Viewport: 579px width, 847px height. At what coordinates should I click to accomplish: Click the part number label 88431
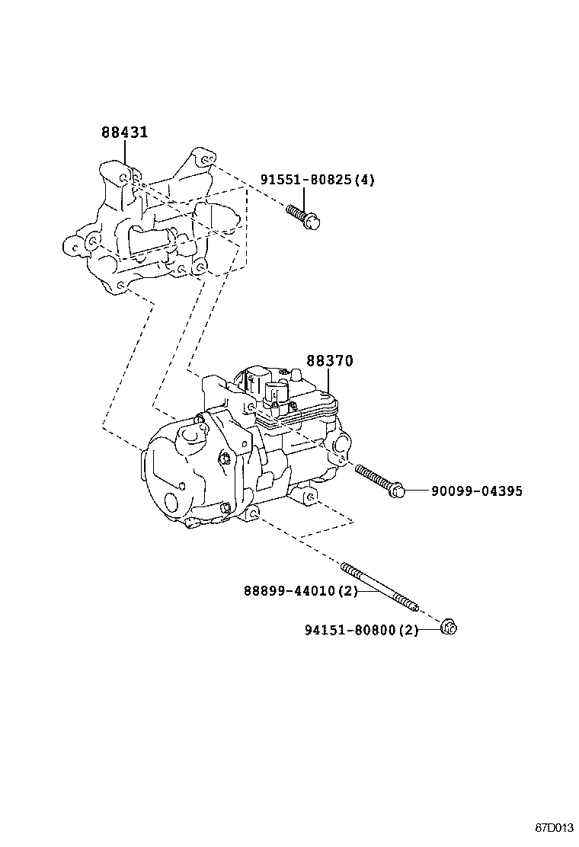pos(124,133)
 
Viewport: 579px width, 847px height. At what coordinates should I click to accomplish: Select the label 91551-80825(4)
pos(317,180)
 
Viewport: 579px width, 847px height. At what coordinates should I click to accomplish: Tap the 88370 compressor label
pos(330,361)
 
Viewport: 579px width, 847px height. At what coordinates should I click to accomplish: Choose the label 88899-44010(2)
pos(300,591)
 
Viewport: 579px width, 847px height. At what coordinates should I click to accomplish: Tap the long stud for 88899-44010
pos(381,587)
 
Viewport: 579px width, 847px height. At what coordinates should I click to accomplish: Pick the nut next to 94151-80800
pos(449,628)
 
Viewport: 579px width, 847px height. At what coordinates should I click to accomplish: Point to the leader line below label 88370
pos(329,382)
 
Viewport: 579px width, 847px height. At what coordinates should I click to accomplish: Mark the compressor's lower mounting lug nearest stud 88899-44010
pos(254,517)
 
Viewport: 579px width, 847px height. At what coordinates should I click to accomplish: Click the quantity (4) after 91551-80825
pos(366,180)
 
